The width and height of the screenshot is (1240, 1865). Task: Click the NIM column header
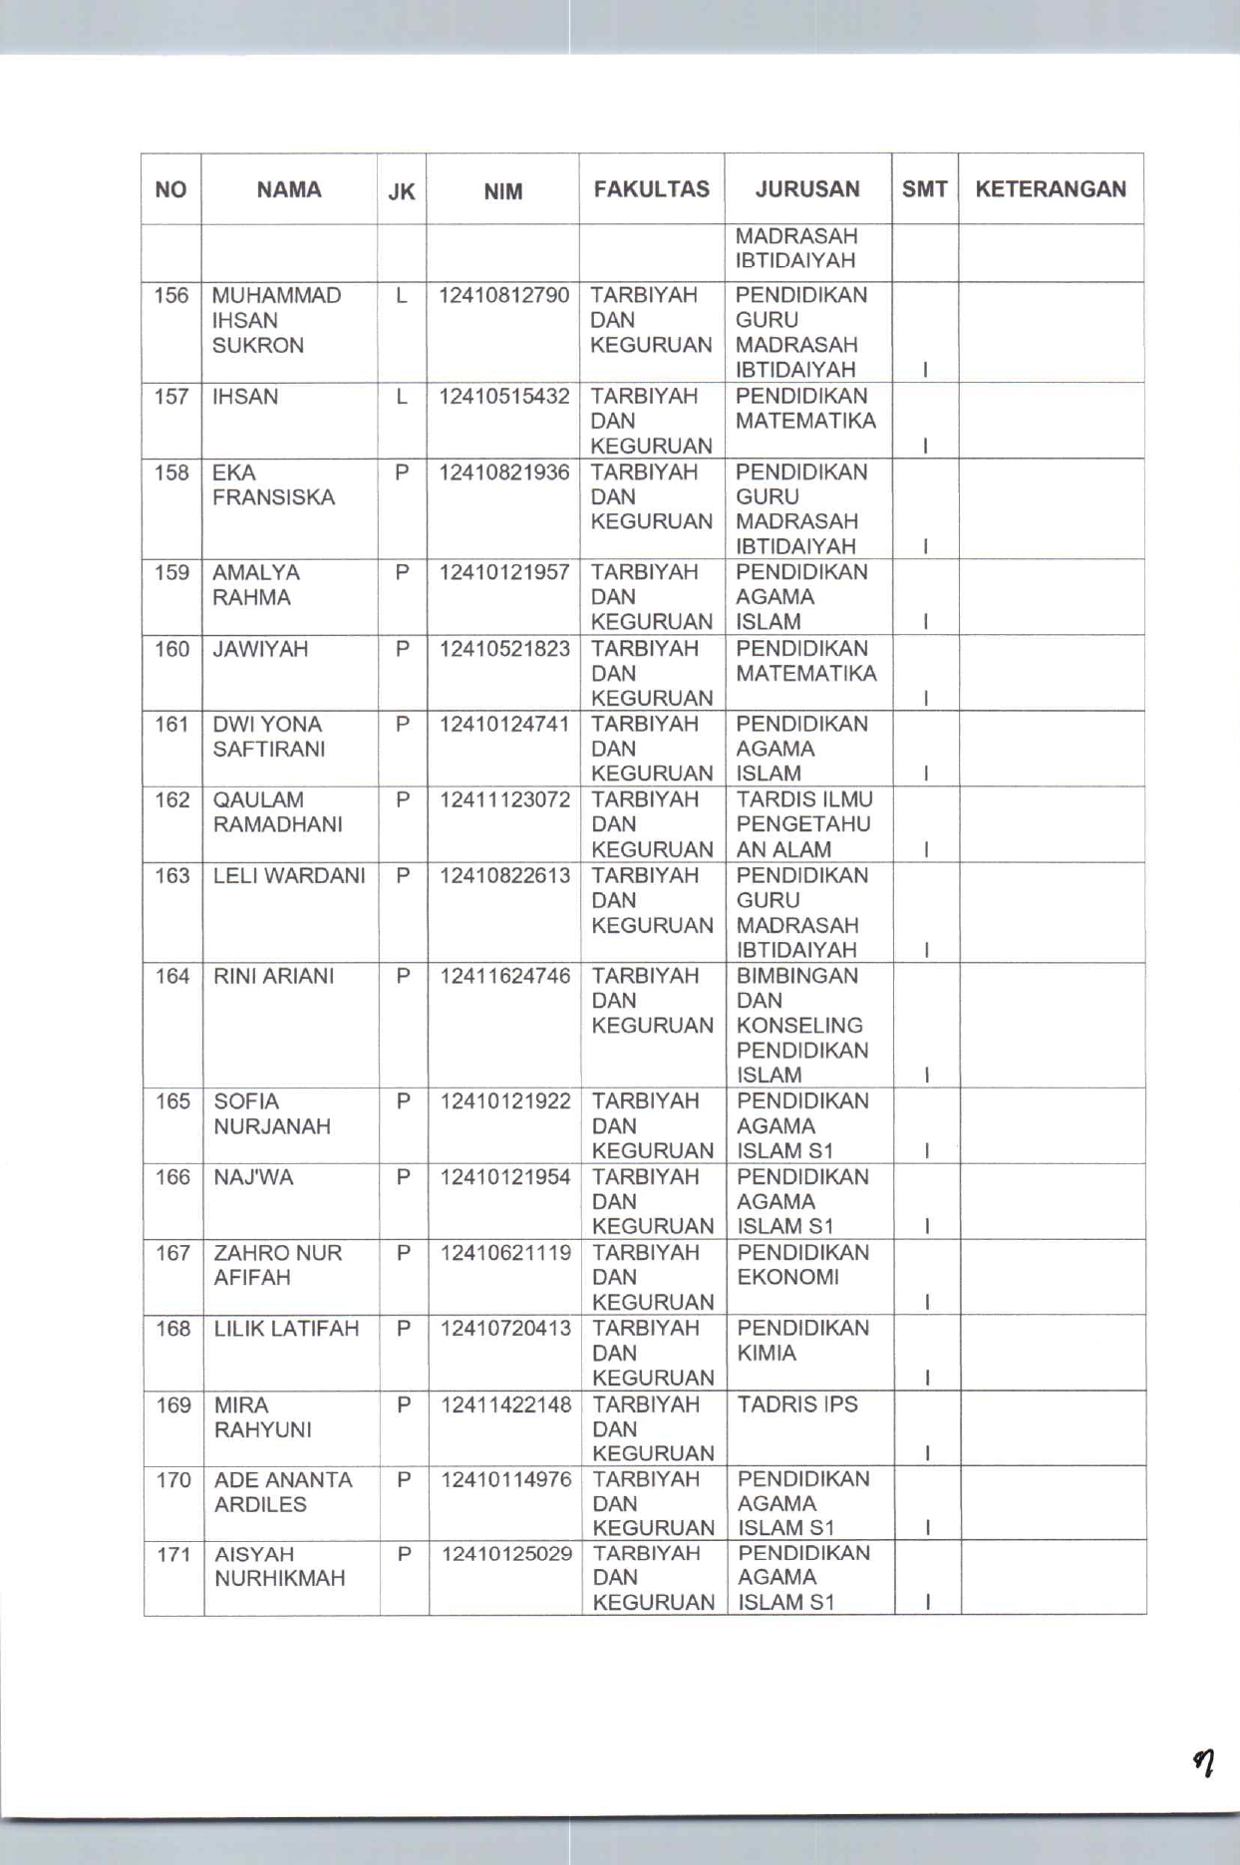(502, 191)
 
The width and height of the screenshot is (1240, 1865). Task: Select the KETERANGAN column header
(1051, 189)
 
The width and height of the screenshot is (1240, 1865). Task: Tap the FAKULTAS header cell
(652, 189)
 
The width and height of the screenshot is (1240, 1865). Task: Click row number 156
(171, 296)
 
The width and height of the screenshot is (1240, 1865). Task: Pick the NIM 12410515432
(504, 397)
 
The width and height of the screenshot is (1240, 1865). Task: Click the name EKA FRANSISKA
(273, 484)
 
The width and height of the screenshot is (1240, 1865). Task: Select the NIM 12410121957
(504, 572)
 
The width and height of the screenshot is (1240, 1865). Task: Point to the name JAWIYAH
(260, 649)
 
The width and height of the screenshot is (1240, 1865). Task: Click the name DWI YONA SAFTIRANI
(269, 737)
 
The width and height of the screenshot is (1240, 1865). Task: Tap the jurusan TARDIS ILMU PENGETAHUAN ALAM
(803, 824)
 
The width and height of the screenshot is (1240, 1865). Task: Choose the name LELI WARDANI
(290, 876)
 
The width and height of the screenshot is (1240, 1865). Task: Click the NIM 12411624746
(505, 976)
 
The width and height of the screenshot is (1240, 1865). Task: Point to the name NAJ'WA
(254, 1177)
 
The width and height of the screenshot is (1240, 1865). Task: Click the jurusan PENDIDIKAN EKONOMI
(802, 1265)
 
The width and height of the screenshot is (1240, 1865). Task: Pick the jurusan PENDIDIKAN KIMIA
(802, 1341)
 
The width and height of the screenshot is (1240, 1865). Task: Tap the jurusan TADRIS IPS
(797, 1404)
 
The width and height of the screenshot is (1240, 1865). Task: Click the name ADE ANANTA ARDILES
(283, 1492)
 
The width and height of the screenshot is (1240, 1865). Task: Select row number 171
(173, 1554)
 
